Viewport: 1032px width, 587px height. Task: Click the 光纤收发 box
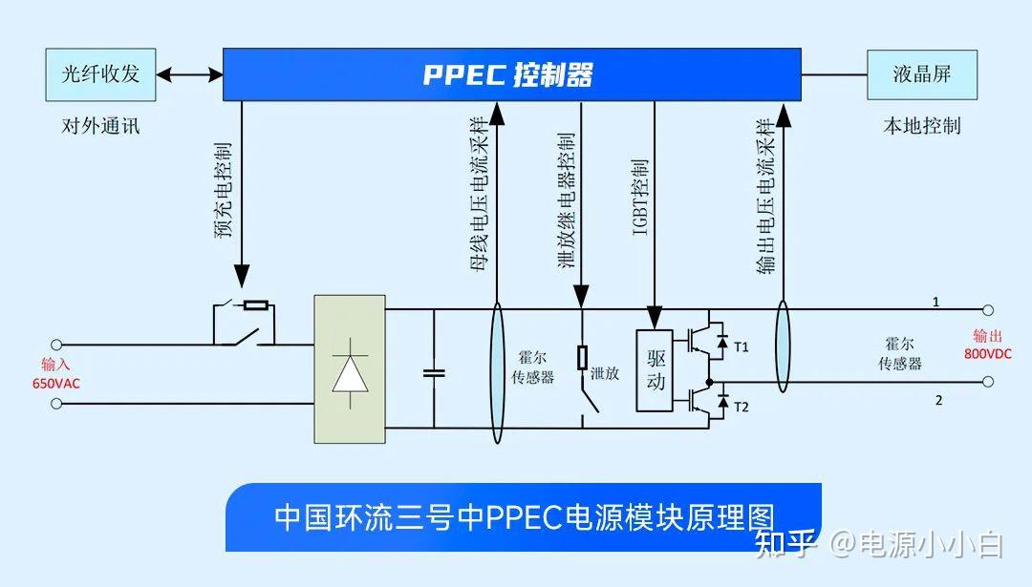(100, 74)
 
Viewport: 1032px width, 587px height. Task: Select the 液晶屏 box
(921, 74)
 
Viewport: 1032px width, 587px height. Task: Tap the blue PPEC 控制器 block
(511, 74)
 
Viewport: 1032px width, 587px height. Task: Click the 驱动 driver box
(656, 370)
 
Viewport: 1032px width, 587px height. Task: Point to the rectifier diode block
(350, 369)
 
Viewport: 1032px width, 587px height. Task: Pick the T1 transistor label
(742, 346)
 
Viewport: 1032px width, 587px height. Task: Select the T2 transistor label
(742, 408)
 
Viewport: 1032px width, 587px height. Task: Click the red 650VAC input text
(54, 383)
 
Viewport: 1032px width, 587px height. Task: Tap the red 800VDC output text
(986, 353)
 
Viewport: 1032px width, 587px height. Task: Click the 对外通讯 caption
(100, 126)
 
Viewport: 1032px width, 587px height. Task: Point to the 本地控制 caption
(921, 126)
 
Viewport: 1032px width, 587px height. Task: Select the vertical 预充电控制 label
(223, 191)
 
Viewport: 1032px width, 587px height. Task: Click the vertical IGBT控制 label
(641, 196)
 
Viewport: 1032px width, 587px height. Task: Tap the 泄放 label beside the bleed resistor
(605, 373)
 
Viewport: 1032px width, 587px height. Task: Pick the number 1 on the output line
(935, 302)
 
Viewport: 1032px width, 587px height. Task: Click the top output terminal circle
(988, 310)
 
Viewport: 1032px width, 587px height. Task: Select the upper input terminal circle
(56, 344)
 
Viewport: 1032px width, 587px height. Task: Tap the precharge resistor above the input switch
(255, 305)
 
